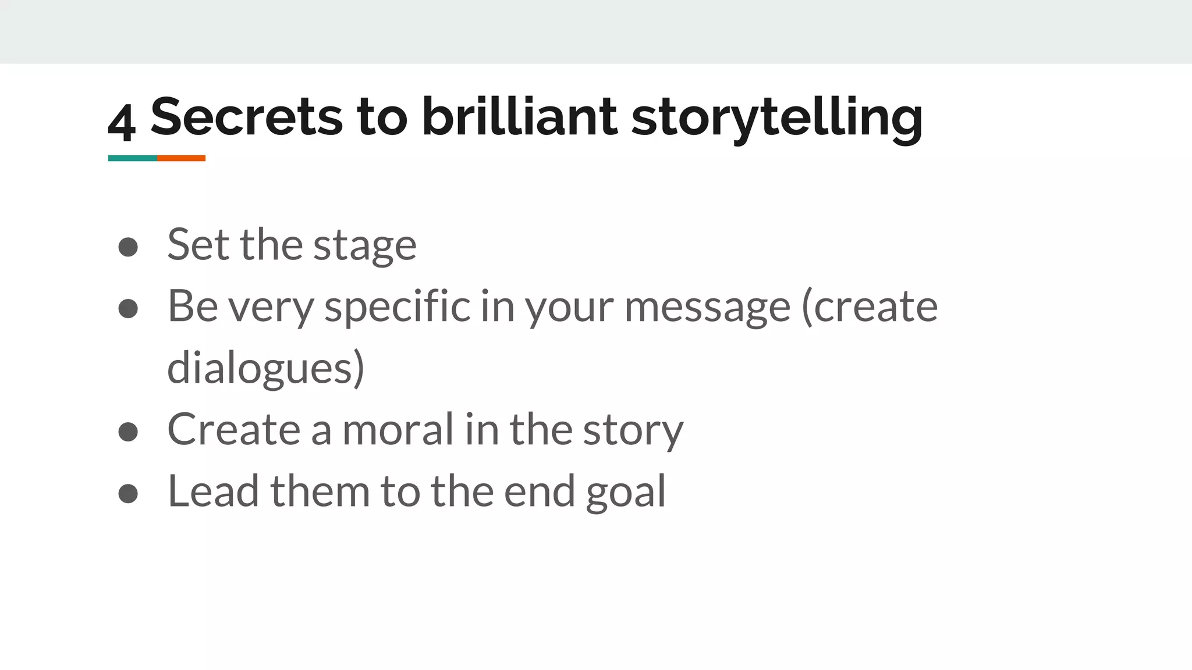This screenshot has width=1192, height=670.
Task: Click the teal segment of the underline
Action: (133, 158)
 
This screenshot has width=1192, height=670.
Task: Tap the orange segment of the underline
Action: (181, 158)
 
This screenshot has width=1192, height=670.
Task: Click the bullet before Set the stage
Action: (128, 247)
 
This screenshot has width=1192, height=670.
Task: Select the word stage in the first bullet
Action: (365, 245)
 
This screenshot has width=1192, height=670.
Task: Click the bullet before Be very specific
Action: (128, 308)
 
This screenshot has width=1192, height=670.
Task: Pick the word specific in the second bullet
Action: (397, 307)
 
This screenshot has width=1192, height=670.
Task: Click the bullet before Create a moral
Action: (128, 432)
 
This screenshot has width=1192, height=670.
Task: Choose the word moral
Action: (398, 429)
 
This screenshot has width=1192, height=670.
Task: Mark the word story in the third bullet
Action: (633, 430)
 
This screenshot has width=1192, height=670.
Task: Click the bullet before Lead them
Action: (128, 493)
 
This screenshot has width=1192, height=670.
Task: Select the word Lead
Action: (213, 491)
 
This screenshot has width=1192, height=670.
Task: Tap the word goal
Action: (626, 492)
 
